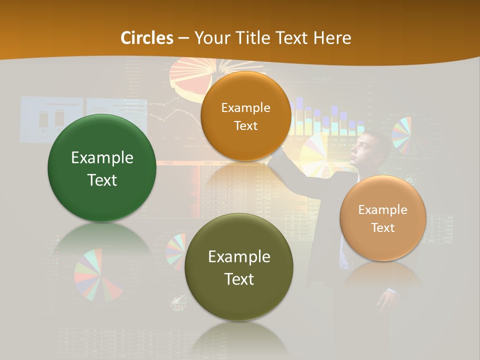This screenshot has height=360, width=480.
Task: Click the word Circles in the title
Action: click(x=147, y=38)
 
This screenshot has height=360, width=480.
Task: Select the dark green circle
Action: click(x=102, y=168)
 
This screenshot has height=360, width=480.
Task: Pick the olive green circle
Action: click(x=239, y=267)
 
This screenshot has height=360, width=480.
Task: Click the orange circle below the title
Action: click(x=245, y=116)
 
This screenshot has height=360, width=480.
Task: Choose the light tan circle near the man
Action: click(x=383, y=218)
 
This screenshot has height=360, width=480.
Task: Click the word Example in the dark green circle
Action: click(x=102, y=158)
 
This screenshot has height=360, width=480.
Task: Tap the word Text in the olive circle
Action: click(x=239, y=279)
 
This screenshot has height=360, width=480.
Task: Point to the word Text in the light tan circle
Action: click(x=383, y=228)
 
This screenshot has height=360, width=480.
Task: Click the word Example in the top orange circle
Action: click(x=245, y=107)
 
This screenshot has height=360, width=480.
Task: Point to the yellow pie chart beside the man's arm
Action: click(x=314, y=155)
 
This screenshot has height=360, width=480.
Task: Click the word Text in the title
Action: click(x=292, y=38)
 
